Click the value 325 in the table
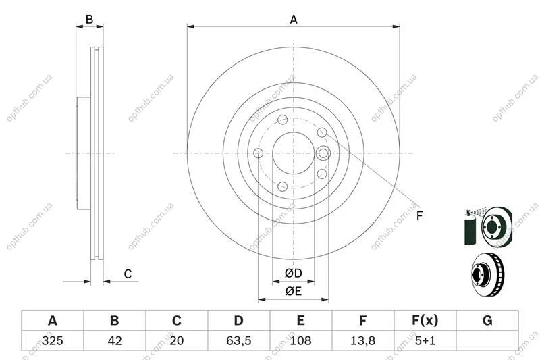coord(53,340)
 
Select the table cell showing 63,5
coord(239,340)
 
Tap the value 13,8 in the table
coord(362,340)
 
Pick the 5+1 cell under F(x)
coord(425,340)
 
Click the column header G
coord(487,321)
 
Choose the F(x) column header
coord(425,321)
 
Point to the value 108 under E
coord(300,340)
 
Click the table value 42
coord(115,340)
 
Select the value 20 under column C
coord(177,340)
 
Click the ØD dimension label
coord(294,274)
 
